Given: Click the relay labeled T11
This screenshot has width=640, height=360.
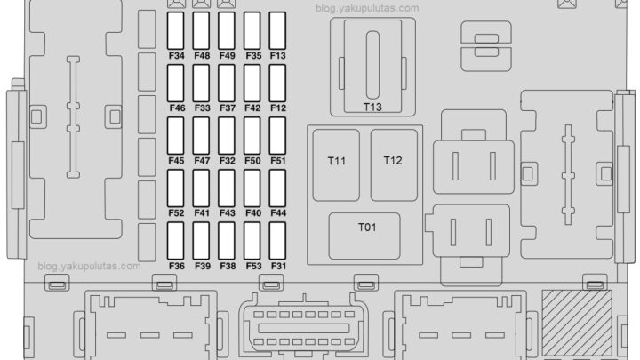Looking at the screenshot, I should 337,164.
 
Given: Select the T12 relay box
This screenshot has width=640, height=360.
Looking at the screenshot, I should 393,162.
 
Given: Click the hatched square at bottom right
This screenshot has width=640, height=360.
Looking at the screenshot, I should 577,322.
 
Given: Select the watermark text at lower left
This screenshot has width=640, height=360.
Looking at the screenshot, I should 89,266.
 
